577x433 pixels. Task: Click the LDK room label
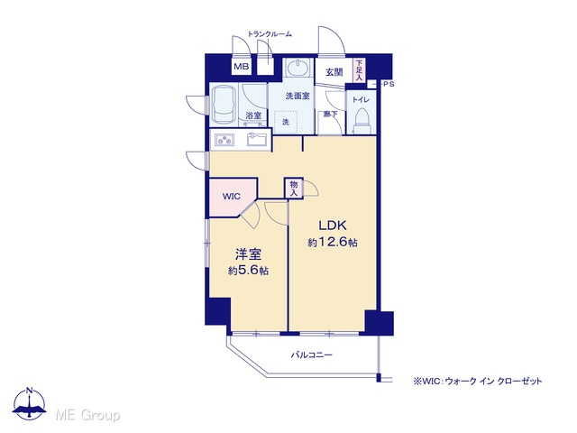[x=333, y=225]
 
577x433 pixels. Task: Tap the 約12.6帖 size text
[x=333, y=242]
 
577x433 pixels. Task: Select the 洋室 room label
[x=249, y=254]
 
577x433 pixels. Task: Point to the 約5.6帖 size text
[x=248, y=271]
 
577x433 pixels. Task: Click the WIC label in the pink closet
[x=231, y=197]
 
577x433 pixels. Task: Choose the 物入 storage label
[x=294, y=189]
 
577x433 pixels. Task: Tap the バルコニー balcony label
[x=312, y=355]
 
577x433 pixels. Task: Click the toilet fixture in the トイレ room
[x=362, y=121]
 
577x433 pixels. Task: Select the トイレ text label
[x=361, y=99]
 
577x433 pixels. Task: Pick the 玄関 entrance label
[x=334, y=72]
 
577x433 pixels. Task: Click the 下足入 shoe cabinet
[x=359, y=70]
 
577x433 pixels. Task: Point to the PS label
[x=389, y=84]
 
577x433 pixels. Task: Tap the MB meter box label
[x=242, y=67]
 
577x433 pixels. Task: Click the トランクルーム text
[x=270, y=34]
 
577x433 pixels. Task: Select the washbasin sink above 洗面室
[x=298, y=68]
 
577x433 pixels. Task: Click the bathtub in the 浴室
[x=224, y=105]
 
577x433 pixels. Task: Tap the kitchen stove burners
[x=224, y=140]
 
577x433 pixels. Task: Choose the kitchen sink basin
[x=257, y=139]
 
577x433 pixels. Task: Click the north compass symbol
[x=30, y=403]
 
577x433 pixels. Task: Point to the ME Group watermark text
[x=87, y=415]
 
